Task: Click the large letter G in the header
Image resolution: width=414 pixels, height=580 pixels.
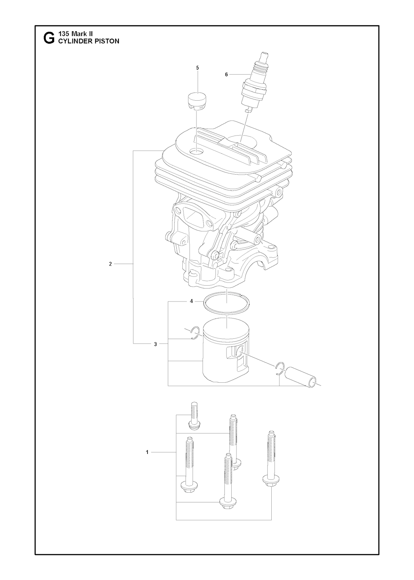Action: click(x=49, y=38)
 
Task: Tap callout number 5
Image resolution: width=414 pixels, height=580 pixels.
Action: click(x=197, y=68)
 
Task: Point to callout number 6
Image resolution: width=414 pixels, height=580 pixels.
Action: click(x=226, y=74)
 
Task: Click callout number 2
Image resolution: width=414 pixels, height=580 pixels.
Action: click(x=110, y=264)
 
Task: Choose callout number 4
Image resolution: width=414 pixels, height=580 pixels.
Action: click(x=191, y=301)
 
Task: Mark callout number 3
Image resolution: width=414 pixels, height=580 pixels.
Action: click(x=155, y=344)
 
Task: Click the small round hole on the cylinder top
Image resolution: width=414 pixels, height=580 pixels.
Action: click(x=196, y=151)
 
